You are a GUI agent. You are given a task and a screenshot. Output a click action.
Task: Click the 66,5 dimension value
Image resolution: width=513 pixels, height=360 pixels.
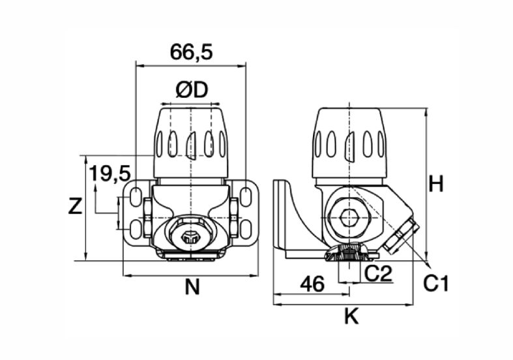(192, 52)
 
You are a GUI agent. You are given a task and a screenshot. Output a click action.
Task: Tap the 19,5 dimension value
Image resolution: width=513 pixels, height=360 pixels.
(110, 173)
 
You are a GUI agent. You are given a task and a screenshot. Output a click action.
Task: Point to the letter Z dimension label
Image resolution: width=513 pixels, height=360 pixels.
(75, 207)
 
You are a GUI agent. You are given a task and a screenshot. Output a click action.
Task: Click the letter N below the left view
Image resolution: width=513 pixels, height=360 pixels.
(192, 288)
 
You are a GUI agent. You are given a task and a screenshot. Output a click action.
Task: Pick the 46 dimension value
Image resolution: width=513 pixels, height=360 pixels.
(312, 284)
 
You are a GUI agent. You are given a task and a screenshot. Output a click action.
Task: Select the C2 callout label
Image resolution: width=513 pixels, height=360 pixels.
(378, 274)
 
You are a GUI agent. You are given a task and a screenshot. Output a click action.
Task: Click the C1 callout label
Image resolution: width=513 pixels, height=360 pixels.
(436, 284)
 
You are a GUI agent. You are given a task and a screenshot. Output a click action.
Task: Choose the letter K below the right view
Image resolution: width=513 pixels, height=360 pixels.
(351, 316)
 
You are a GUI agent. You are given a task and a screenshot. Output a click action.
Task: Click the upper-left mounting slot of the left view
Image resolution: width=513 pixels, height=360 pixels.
(136, 196)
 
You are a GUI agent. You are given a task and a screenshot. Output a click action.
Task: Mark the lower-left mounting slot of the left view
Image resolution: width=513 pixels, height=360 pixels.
(135, 229)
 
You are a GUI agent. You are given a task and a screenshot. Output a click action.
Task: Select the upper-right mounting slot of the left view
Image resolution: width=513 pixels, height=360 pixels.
(245, 196)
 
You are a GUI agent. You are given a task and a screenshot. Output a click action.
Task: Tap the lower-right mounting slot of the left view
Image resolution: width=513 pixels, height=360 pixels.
(245, 229)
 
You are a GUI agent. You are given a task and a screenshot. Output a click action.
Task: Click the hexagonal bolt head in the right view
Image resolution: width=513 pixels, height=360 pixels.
(349, 218)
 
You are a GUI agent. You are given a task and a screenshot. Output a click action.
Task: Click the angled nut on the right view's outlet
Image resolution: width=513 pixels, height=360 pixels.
(401, 236)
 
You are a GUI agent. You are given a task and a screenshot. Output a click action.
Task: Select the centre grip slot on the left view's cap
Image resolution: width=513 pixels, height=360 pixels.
(190, 145)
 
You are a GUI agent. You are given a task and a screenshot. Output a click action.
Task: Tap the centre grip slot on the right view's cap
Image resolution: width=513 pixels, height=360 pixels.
(349, 146)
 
